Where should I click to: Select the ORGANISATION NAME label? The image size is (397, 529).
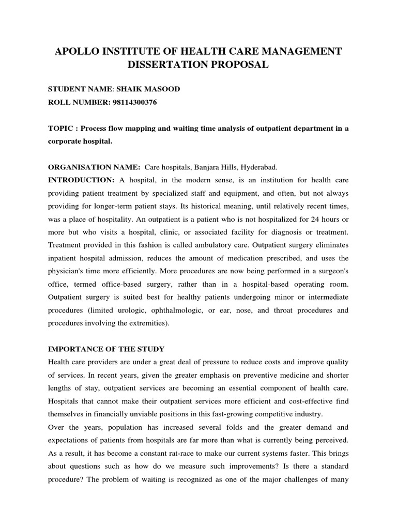[94, 167]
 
